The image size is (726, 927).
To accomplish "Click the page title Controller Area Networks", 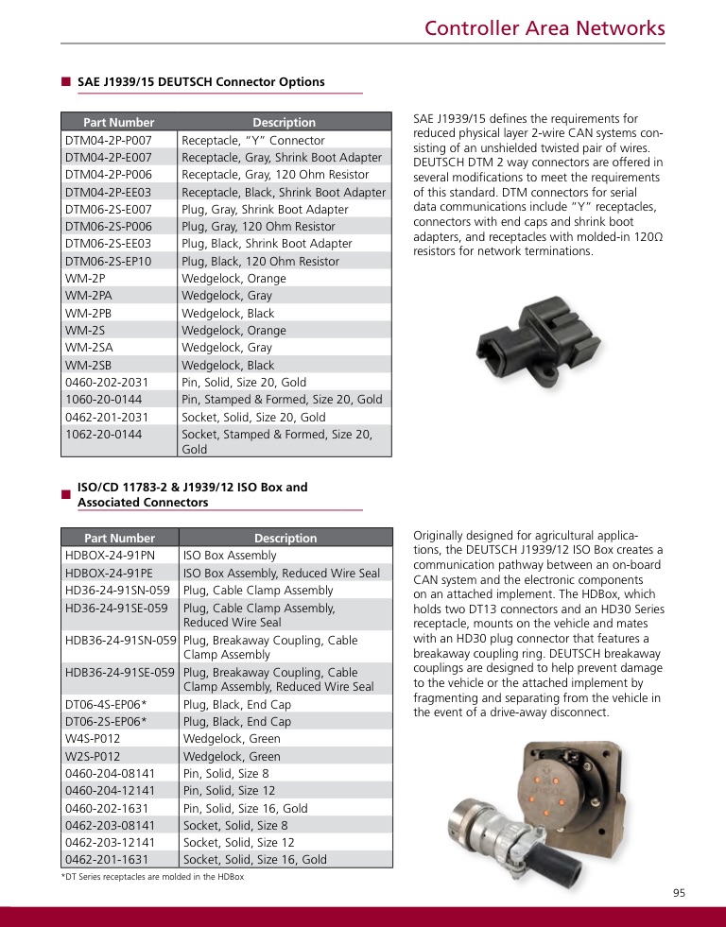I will tap(544, 28).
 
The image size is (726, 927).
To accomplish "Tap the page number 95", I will tap(680, 893).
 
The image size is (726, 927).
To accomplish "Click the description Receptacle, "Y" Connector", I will tap(252, 140).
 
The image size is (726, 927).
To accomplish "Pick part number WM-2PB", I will tap(89, 313).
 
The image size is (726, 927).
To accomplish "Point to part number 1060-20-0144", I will tap(104, 399).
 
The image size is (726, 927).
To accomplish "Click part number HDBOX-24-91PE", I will tap(110, 573).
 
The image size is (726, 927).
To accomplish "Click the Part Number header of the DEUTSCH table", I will tap(119, 122).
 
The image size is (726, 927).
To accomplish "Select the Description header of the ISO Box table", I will tap(285, 538).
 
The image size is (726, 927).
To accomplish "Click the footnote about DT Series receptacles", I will tap(152, 877).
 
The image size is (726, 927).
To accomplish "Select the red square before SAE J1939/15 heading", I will tap(66, 82).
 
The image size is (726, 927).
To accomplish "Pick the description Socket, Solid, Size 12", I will tap(238, 842).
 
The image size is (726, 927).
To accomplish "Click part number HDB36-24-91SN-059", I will tap(121, 640).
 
